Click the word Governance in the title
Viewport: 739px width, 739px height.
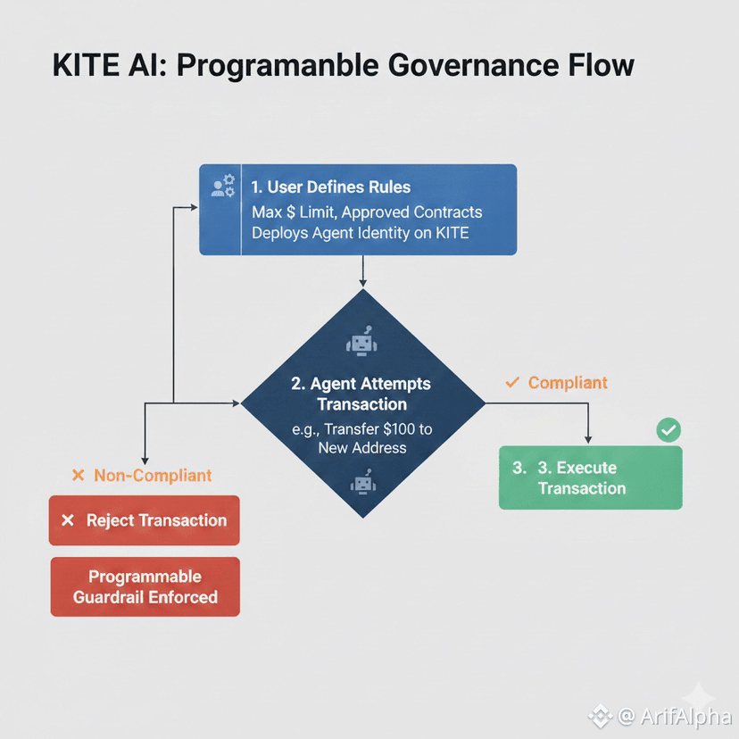pos(444,67)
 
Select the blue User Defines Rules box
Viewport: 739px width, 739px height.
pos(358,210)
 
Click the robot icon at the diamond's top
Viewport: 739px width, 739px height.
pos(361,344)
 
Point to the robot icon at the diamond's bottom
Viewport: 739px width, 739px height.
pos(361,485)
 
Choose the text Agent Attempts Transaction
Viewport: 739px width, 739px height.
pos(361,394)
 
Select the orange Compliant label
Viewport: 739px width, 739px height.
pos(568,383)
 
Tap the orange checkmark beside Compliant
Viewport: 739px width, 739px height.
pos(512,382)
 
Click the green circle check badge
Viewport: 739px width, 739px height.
pos(668,430)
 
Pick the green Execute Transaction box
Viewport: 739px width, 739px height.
pos(590,477)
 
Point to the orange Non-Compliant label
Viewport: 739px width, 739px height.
pos(153,476)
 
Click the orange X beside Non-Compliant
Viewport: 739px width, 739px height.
pos(78,476)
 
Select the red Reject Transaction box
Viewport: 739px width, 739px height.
pos(145,520)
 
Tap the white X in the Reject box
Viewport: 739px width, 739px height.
pos(67,520)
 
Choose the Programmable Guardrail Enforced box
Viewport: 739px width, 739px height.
pos(145,586)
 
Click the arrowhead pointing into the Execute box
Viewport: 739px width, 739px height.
pos(588,438)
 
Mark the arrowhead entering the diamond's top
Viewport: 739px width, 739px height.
pos(362,283)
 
